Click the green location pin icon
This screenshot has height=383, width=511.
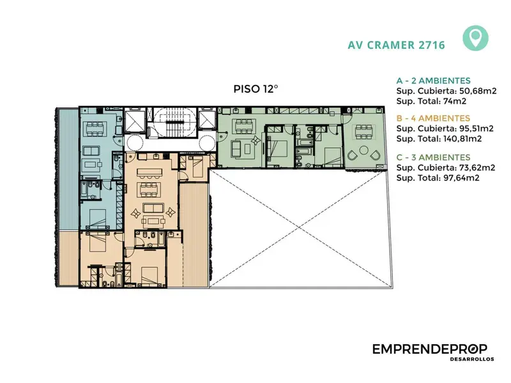(x=475, y=38)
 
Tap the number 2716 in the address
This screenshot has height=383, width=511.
(x=431, y=45)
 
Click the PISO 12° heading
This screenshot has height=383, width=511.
(x=256, y=89)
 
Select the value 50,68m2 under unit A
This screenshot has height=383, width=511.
(x=478, y=91)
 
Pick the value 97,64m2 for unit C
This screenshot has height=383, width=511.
(x=461, y=178)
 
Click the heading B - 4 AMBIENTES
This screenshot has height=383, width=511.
(x=433, y=118)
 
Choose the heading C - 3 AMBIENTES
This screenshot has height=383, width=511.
(x=434, y=157)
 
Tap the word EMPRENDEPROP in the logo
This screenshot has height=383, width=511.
(x=430, y=349)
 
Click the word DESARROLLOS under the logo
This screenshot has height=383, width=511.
(x=472, y=359)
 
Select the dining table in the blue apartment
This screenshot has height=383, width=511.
(x=95, y=129)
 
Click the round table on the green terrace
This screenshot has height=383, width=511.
(x=363, y=151)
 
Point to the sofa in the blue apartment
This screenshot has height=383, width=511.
(x=92, y=151)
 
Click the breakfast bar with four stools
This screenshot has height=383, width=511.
(x=149, y=172)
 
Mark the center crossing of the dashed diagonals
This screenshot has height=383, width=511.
(x=300, y=229)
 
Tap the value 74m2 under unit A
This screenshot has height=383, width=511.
(x=455, y=101)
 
